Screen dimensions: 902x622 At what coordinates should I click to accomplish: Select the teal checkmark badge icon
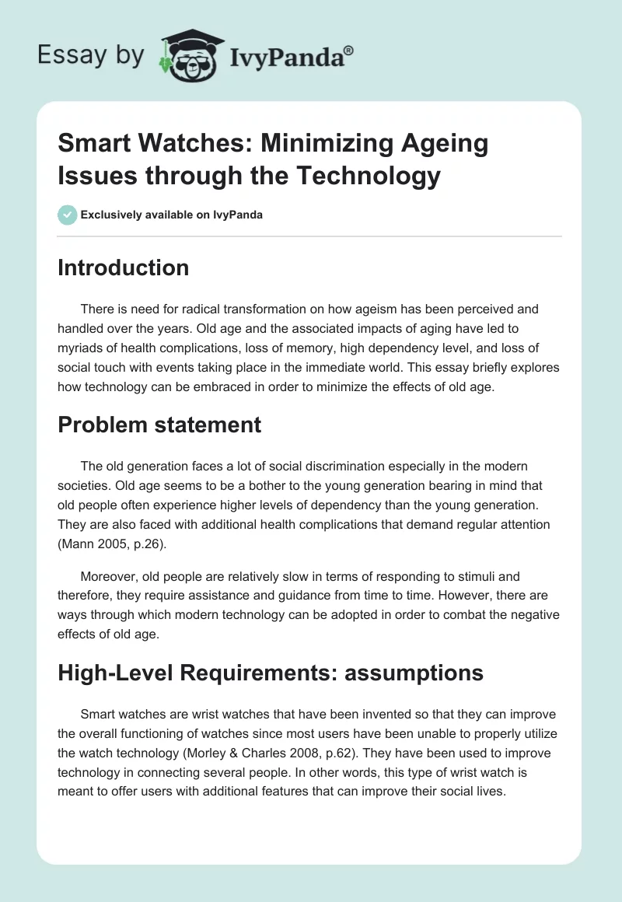click(x=68, y=215)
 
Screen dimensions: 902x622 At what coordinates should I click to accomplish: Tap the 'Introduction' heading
click(x=124, y=267)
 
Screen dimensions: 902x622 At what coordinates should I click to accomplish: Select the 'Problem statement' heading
click(x=159, y=425)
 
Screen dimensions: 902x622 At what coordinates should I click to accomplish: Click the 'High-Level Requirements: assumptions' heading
click(x=271, y=673)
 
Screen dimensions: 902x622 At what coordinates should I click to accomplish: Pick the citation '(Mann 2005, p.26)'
click(x=110, y=545)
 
